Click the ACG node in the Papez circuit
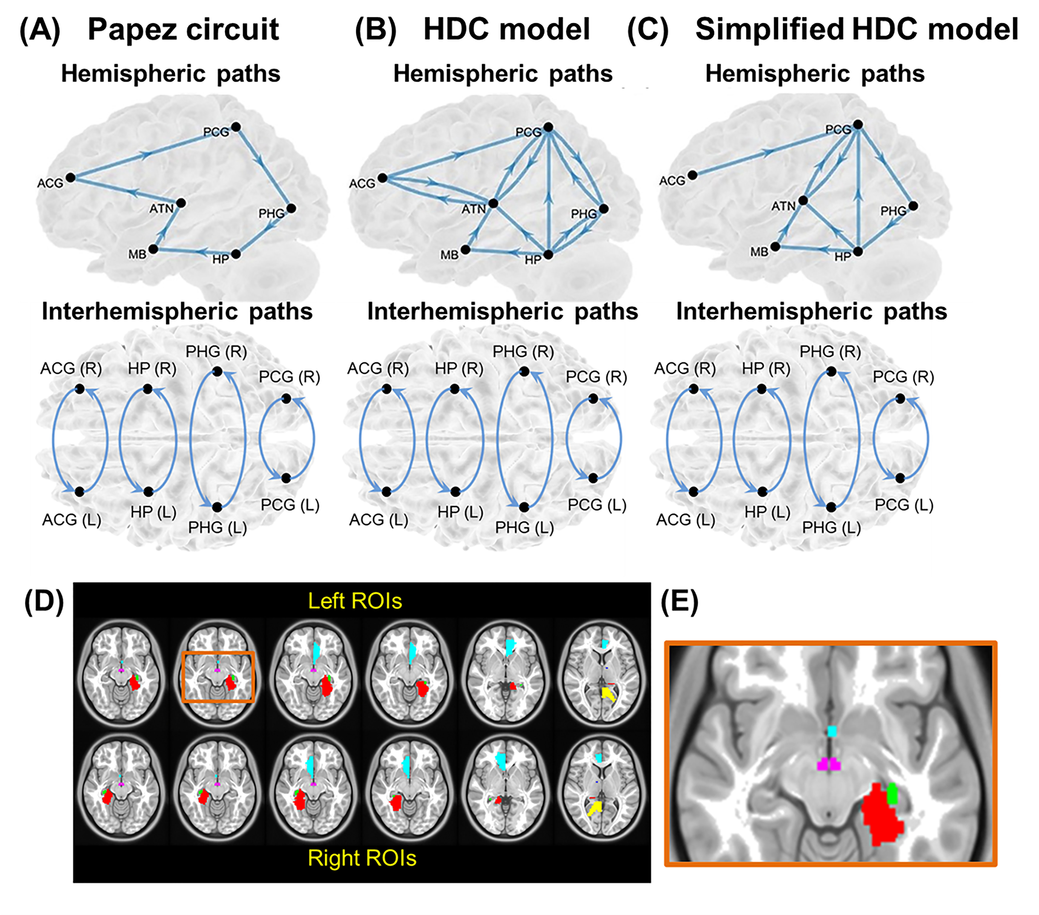pyautogui.click(x=71, y=177)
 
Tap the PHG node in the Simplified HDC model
pyautogui.click(x=913, y=206)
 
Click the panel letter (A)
pyautogui.click(x=40, y=30)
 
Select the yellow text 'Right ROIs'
pyautogui.click(x=362, y=858)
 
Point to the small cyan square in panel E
pyautogui.click(x=832, y=731)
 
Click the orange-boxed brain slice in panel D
pyautogui.click(x=218, y=677)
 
